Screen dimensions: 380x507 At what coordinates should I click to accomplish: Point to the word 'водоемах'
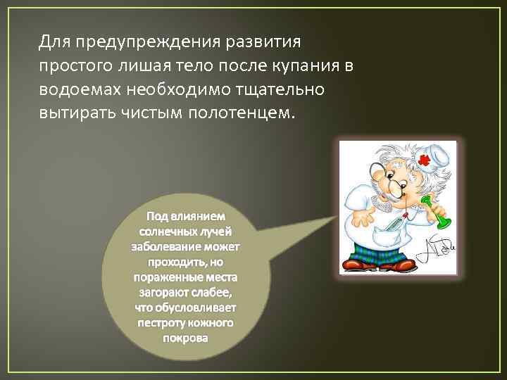[79, 90]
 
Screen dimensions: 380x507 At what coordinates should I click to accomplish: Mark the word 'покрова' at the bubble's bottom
[185, 338]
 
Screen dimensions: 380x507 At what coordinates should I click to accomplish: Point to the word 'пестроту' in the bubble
[163, 322]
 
